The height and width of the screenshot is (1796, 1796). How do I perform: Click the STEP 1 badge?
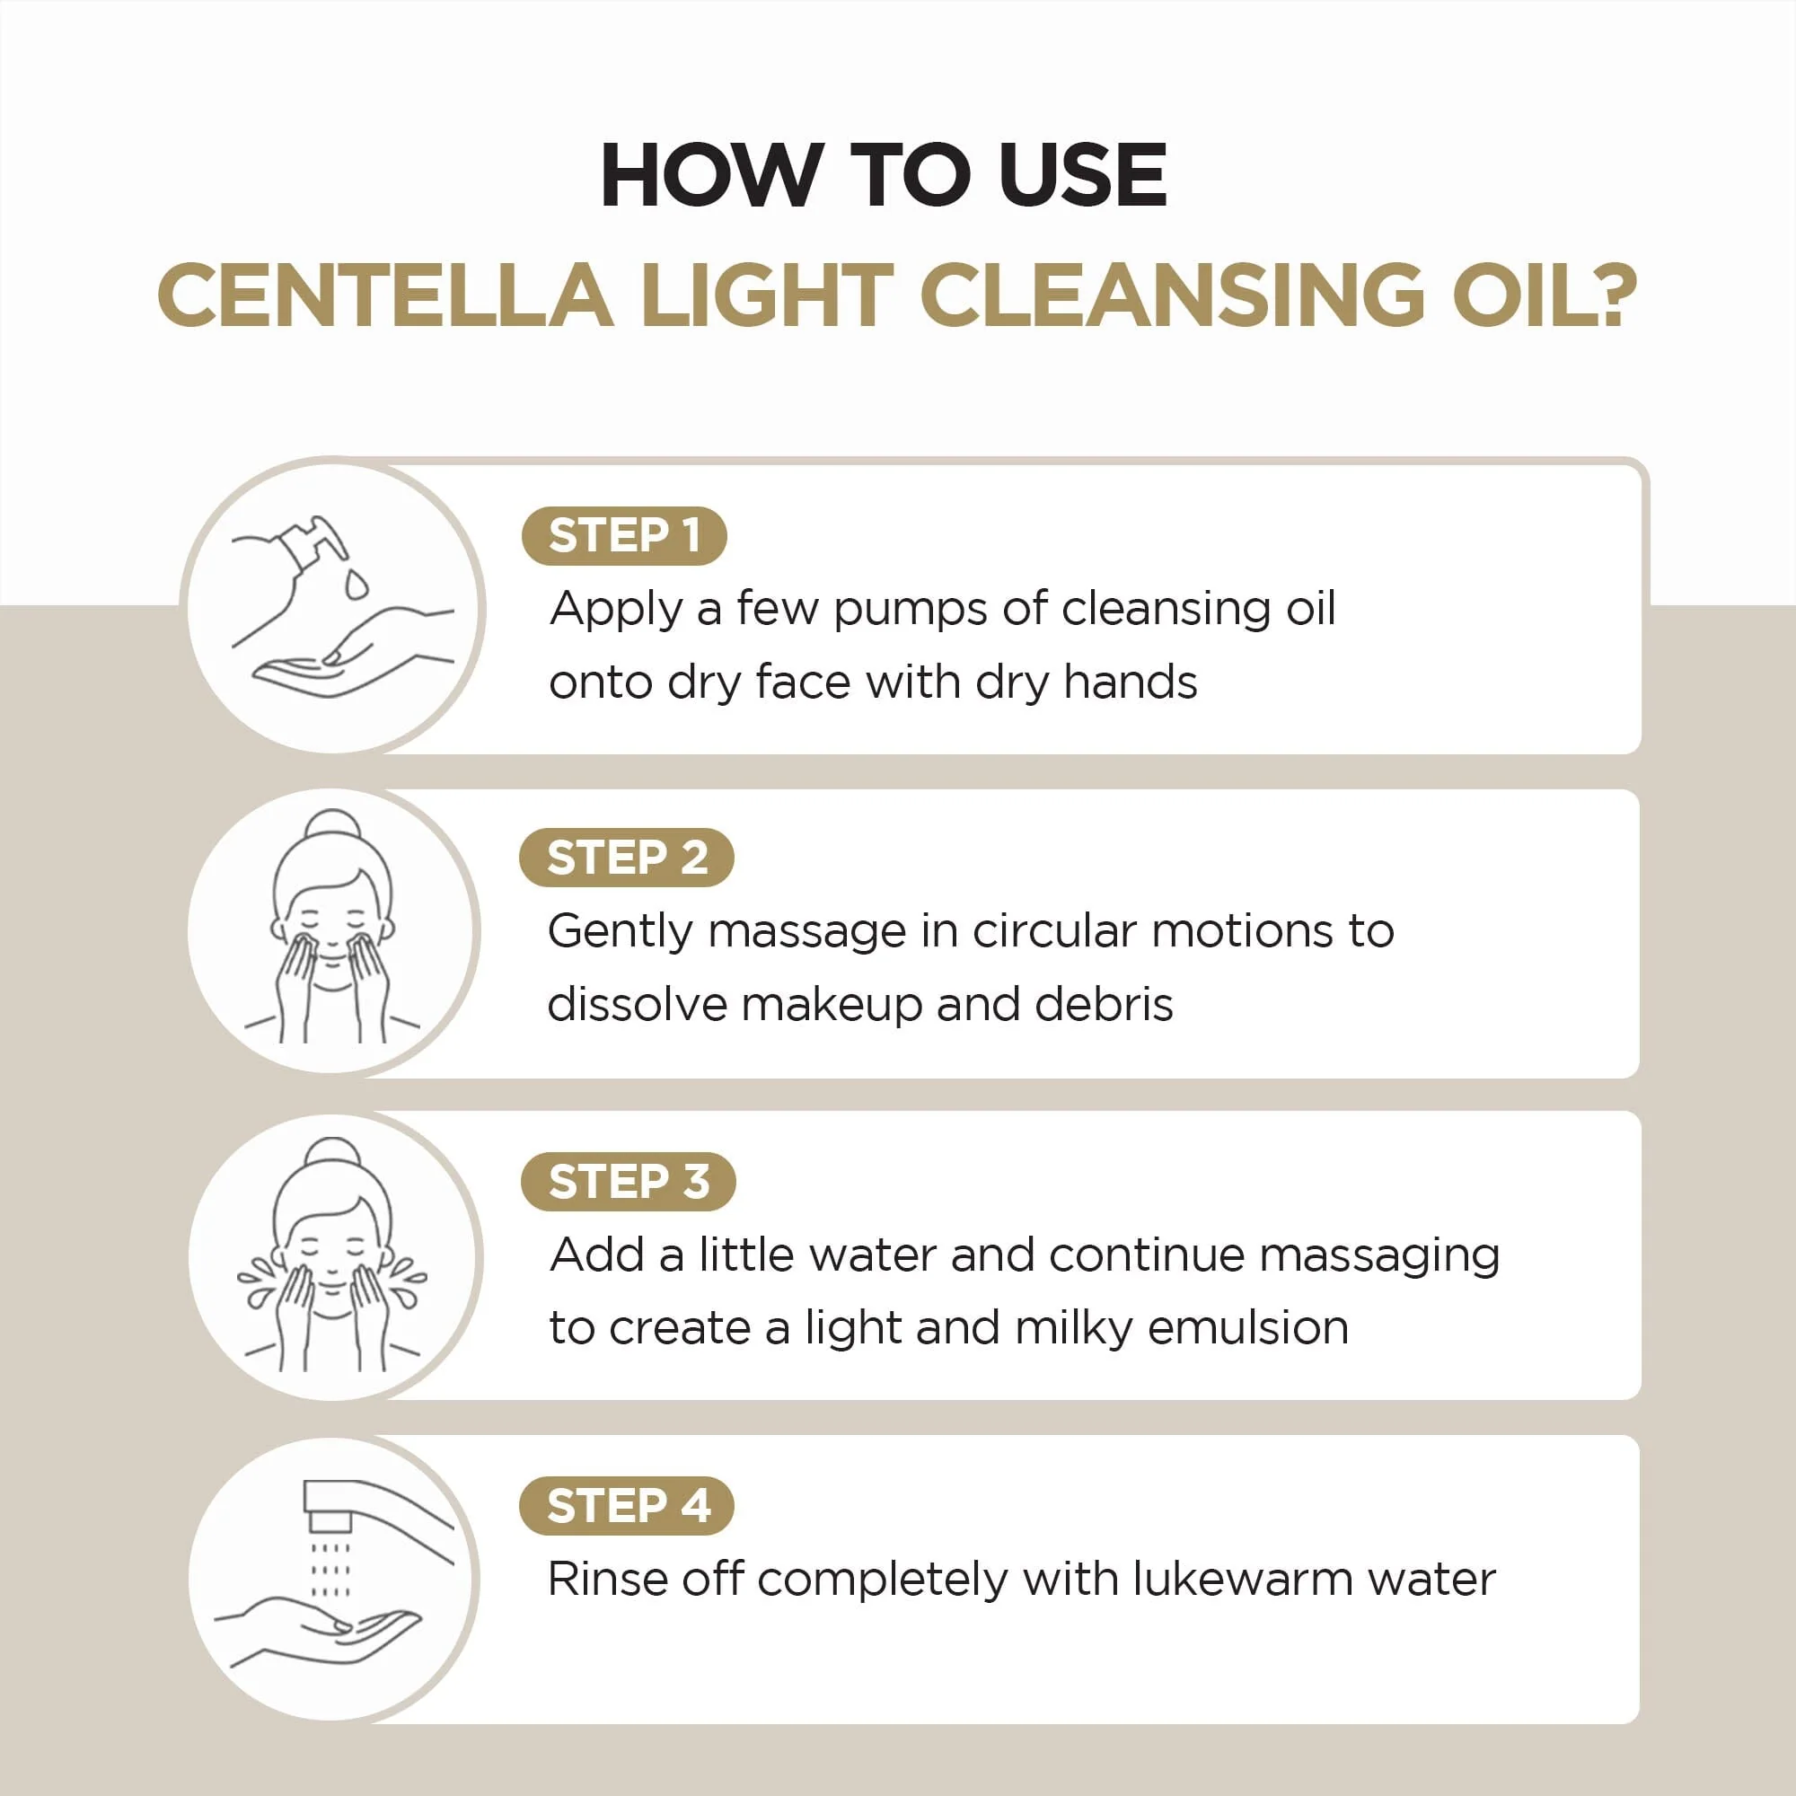click(624, 535)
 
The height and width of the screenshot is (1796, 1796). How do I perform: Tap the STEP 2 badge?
click(626, 857)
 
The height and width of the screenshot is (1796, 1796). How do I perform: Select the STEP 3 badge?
click(628, 1182)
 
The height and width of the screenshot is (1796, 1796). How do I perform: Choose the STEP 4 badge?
click(626, 1505)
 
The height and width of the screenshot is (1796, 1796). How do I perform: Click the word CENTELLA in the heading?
click(385, 295)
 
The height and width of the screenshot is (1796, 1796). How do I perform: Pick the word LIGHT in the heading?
click(767, 295)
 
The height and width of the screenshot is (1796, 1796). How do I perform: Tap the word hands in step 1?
click(1131, 682)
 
